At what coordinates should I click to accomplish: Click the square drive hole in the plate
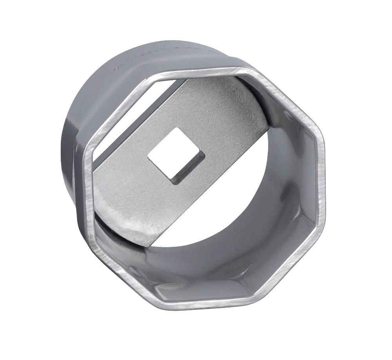click(x=176, y=156)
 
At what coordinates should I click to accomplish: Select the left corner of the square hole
click(x=148, y=157)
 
